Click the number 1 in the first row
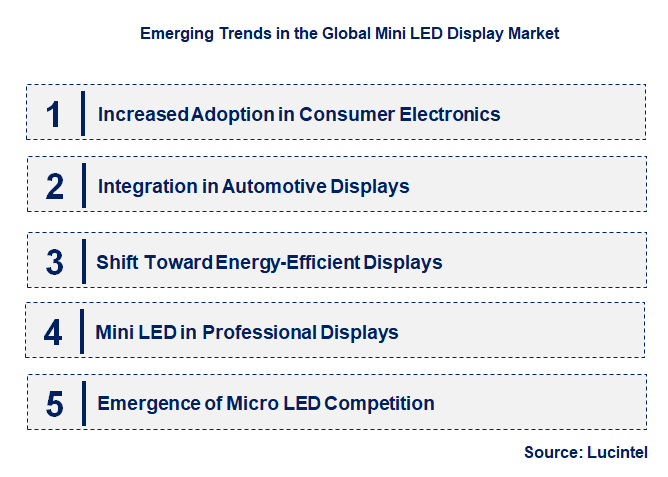(54, 114)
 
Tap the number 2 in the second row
(55, 186)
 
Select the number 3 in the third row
(55, 262)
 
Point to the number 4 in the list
(53, 332)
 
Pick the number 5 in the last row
(55, 404)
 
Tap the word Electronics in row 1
(450, 114)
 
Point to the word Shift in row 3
(116, 262)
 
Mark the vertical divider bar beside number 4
(83, 332)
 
